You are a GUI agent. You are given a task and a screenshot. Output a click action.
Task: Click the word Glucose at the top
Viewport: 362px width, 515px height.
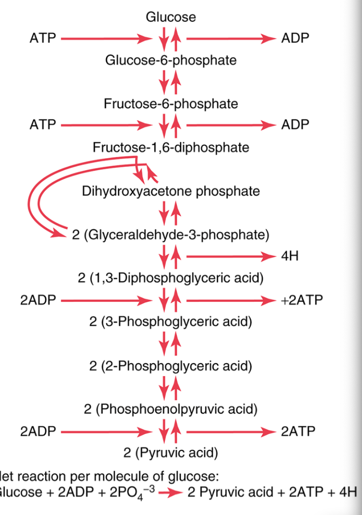tap(170, 17)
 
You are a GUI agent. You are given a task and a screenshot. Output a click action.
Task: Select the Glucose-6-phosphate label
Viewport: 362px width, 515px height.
tap(171, 60)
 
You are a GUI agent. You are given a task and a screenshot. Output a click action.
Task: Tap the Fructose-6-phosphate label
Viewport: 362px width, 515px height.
tap(171, 104)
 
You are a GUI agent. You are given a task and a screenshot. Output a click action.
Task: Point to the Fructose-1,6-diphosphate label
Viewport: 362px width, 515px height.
tap(171, 147)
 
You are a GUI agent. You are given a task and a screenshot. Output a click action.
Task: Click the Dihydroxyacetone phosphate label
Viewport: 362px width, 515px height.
tap(171, 191)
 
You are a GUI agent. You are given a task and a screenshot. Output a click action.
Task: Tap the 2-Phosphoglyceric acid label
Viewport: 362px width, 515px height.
tap(171, 366)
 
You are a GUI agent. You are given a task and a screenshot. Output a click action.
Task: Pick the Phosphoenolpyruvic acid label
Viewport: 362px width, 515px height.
tap(171, 408)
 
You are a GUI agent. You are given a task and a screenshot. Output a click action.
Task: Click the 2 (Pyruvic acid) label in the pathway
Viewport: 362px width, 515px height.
tap(171, 453)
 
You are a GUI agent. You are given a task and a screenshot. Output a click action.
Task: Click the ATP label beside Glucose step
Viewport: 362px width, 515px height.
tap(43, 39)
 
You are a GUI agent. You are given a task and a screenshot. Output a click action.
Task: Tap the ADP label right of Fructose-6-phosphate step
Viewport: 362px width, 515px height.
tap(295, 125)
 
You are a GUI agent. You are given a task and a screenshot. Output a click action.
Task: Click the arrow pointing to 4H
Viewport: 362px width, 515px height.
tap(230, 256)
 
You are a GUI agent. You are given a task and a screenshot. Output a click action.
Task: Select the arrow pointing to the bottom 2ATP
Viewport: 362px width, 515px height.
tap(230, 431)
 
